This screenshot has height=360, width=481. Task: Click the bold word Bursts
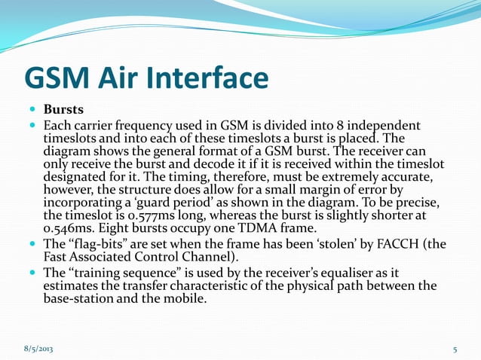(x=63, y=109)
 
